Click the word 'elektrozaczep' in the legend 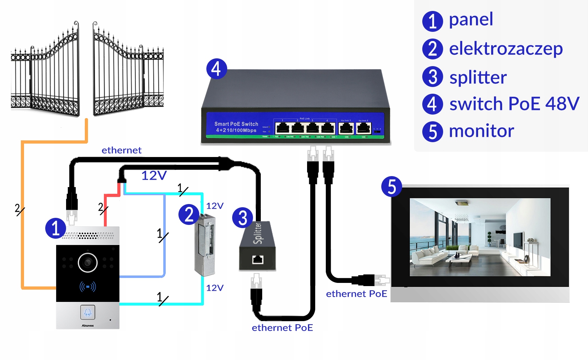pos(506,49)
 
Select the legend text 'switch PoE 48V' pos(514,104)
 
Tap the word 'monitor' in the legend pos(481,131)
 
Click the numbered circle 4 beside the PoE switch pos(216,69)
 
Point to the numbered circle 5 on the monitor pos(392,187)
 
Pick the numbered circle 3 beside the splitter pos(242,218)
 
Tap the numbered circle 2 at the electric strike pos(189,215)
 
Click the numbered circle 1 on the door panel pos(55,228)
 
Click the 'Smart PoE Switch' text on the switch pos(236,124)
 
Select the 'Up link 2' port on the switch pos(363,128)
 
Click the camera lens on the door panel pos(88,262)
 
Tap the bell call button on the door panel pos(88,312)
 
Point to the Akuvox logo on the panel pos(88,325)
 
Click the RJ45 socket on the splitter pos(258,260)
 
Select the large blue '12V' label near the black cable pos(154,175)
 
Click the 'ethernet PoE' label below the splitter pos(282,328)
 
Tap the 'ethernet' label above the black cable pos(121,150)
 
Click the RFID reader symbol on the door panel pos(88,286)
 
